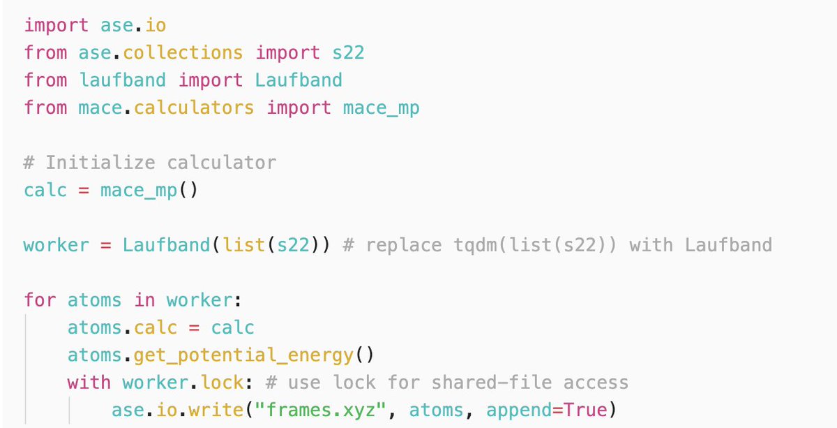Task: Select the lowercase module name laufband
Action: coord(123,80)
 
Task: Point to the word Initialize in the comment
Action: coord(100,163)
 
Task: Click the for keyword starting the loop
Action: coord(40,300)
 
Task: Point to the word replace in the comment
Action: coord(404,245)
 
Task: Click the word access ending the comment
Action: coord(596,383)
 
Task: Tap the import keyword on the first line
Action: coord(56,25)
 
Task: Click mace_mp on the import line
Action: coord(382,108)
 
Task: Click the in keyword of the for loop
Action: coord(144,300)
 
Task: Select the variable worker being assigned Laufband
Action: coord(56,245)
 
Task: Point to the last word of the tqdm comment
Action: coord(728,245)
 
